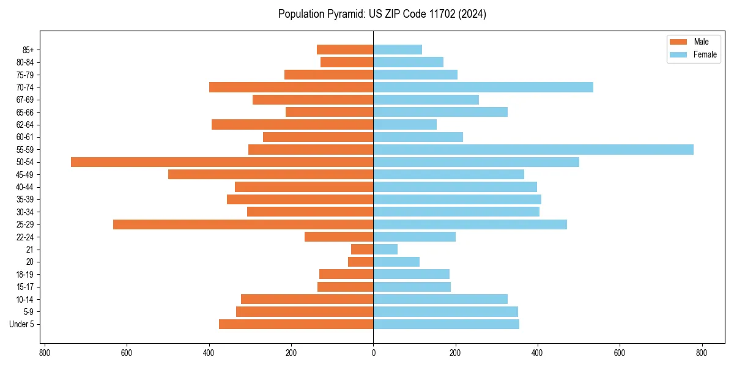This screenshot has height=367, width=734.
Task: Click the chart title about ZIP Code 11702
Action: coord(382,14)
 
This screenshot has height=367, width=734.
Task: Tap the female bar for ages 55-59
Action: coord(533,149)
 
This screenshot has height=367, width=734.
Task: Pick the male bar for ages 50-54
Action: coord(222,162)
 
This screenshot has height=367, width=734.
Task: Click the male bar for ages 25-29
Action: coord(243,224)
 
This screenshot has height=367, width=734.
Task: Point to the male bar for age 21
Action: coord(362,250)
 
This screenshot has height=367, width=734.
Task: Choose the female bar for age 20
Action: coord(396,262)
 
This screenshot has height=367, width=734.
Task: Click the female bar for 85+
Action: coord(398,50)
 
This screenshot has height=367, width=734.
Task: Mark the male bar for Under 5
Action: coord(296,324)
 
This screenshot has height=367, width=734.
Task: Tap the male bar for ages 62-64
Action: coord(292,124)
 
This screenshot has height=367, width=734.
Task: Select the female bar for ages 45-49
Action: coord(448,174)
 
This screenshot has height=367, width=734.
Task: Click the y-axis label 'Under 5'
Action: coord(21,324)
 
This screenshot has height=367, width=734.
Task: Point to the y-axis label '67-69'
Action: coord(25,100)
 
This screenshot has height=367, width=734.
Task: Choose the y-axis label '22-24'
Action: coord(25,237)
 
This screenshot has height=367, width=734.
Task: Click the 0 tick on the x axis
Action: coord(373,353)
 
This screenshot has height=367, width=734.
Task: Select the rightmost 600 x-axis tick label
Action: coord(620,353)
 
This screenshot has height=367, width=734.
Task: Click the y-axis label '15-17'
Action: coord(25,287)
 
